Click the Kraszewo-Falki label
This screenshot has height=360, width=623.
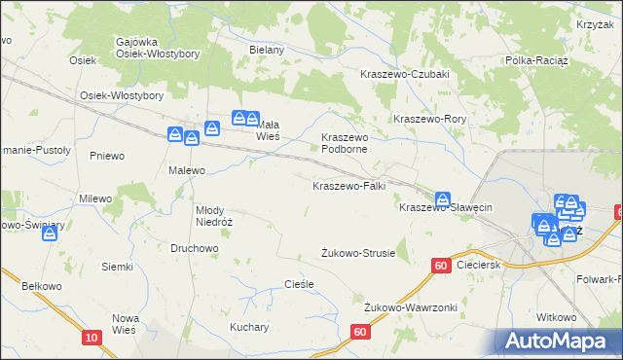click(x=349, y=185)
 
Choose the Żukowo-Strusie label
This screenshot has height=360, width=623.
click(x=358, y=253)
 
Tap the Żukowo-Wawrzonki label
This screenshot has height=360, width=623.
click(x=410, y=307)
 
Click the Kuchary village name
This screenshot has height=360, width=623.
click(x=249, y=327)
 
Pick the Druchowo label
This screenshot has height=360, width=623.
click(x=194, y=248)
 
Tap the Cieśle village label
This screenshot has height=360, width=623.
click(x=298, y=284)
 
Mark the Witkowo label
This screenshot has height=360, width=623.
click(x=557, y=317)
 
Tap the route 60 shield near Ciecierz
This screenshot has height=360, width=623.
click(x=441, y=265)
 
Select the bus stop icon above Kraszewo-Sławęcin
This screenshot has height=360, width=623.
click(x=443, y=198)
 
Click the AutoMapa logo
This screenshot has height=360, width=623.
click(x=556, y=341)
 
